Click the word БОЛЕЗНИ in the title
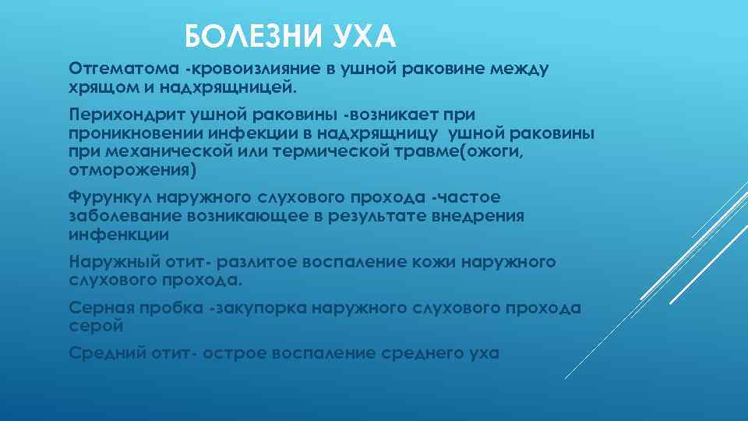[243, 37]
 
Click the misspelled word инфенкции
[118, 234]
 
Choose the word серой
[96, 326]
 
